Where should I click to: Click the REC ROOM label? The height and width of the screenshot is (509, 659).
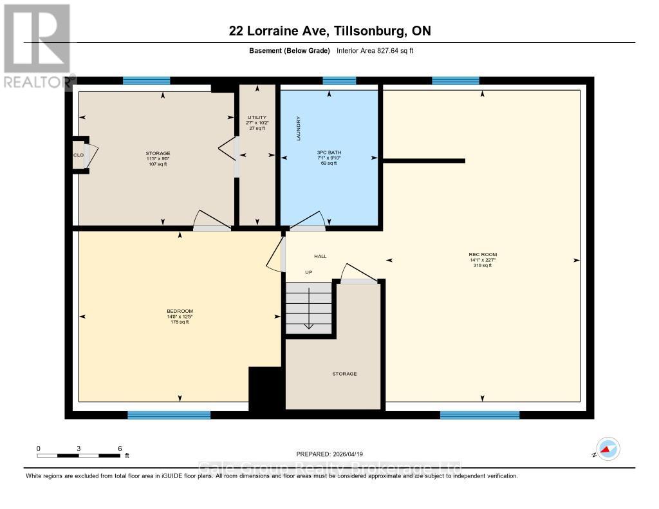pyautogui.click(x=483, y=255)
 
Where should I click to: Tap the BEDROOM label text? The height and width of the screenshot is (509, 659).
pyautogui.click(x=180, y=311)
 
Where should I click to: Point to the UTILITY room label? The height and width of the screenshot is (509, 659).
pyautogui.click(x=256, y=117)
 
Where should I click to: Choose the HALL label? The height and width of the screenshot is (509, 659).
pyautogui.click(x=320, y=256)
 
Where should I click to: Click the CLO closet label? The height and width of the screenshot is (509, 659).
pyautogui.click(x=78, y=155)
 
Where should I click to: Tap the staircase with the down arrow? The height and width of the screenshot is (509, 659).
pyautogui.click(x=309, y=310)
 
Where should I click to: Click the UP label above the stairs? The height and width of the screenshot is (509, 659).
pyautogui.click(x=308, y=273)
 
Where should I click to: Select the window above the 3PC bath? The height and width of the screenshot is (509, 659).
pyautogui.click(x=339, y=80)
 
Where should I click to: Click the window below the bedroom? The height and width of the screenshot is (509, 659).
pyautogui.click(x=169, y=415)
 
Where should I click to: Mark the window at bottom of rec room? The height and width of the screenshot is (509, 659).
pyautogui.click(x=479, y=415)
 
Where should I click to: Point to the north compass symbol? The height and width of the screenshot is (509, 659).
pyautogui.click(x=607, y=449)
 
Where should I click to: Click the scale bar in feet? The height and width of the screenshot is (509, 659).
pyautogui.click(x=79, y=455)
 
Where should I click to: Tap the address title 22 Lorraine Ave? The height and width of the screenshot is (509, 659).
pyautogui.click(x=329, y=31)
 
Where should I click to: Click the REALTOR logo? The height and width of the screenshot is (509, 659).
pyautogui.click(x=37, y=46)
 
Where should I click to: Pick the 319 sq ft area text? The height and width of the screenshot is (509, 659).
pyautogui.click(x=483, y=265)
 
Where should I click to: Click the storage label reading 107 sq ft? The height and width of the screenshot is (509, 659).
pyautogui.click(x=158, y=163)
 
